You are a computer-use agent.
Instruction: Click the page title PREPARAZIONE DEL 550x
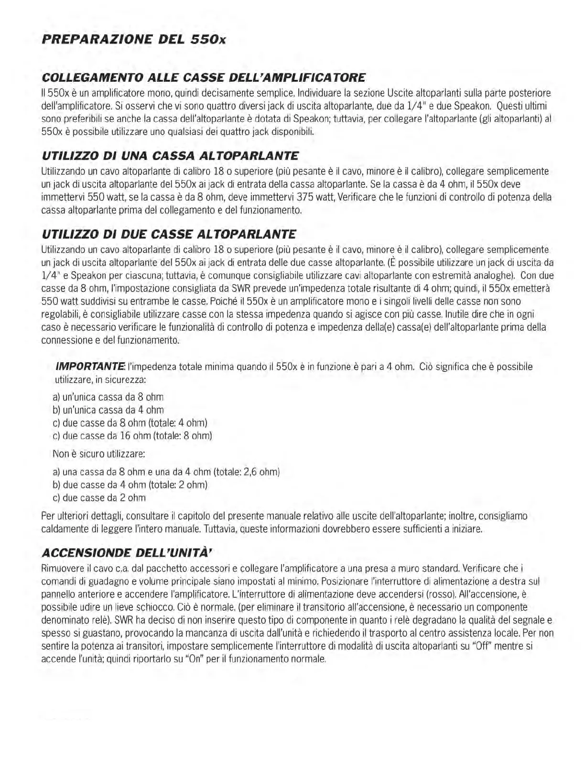(x=133, y=40)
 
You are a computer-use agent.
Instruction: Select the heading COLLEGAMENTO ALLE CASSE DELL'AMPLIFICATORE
(x=204, y=77)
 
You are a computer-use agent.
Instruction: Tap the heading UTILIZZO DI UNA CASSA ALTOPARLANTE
(x=170, y=156)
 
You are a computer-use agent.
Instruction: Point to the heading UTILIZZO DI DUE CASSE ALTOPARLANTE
(x=169, y=234)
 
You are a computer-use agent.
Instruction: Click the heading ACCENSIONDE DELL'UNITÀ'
(x=127, y=553)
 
